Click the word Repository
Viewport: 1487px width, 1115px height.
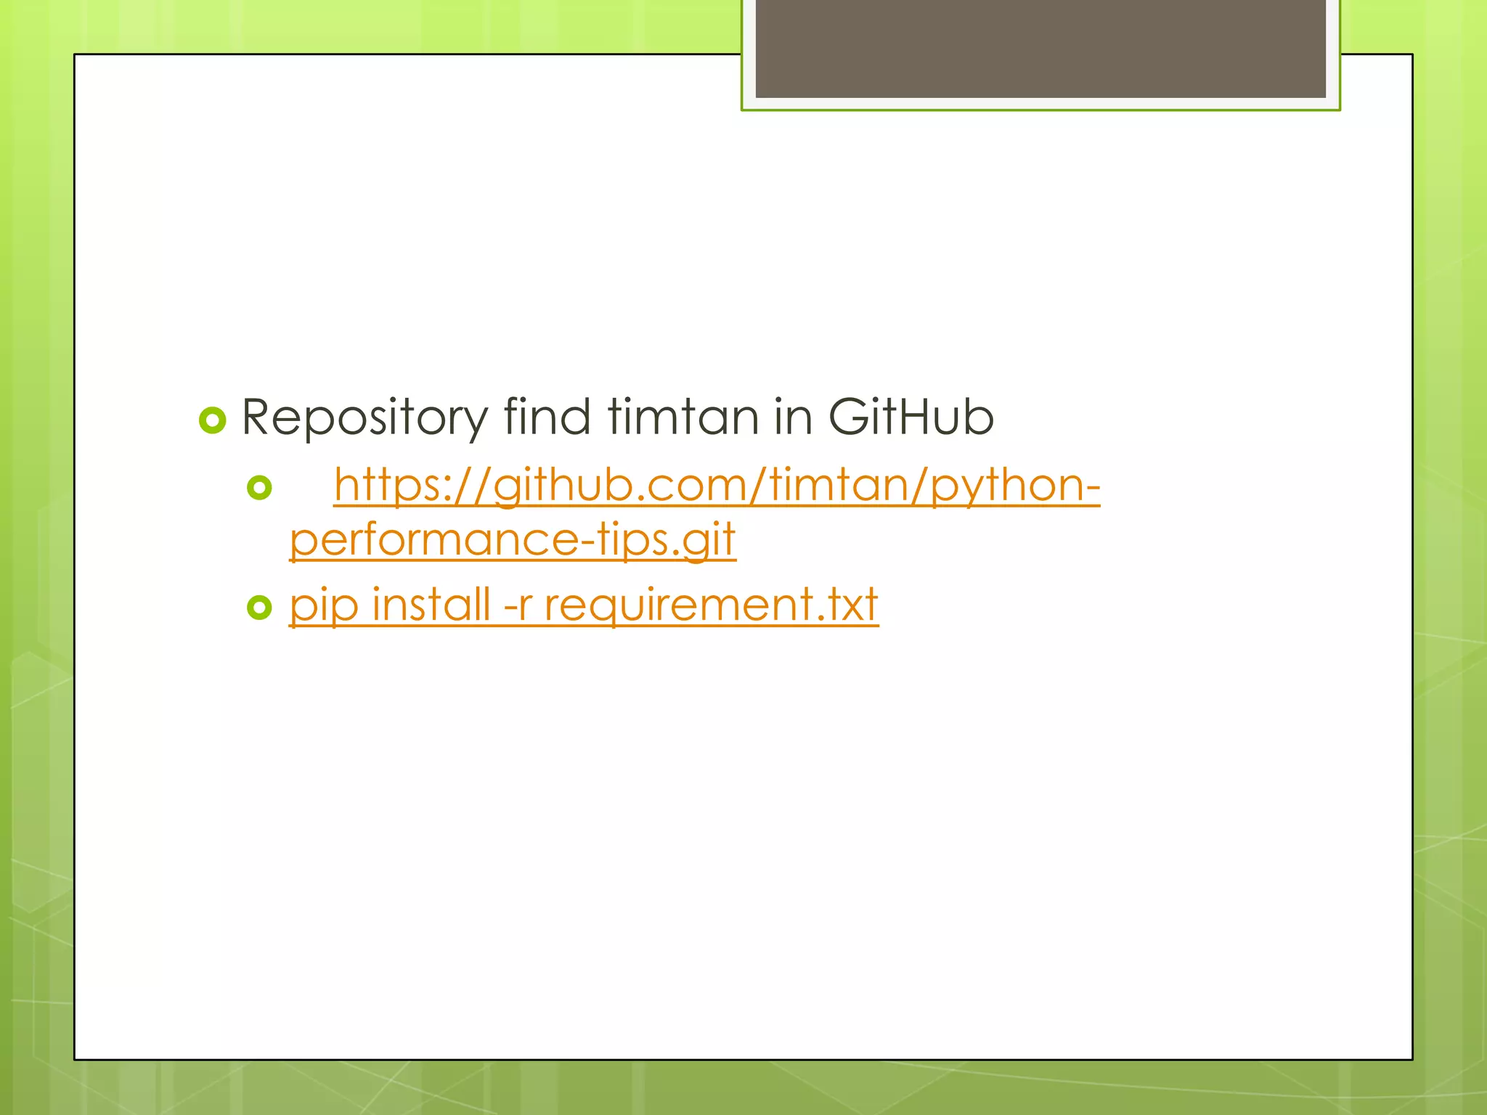pyautogui.click(x=364, y=417)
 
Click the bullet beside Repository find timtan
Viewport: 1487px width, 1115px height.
pyautogui.click(x=213, y=420)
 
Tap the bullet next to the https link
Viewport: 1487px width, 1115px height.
pyautogui.click(x=259, y=487)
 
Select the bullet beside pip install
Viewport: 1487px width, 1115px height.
pyautogui.click(x=259, y=607)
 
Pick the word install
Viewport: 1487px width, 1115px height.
pyautogui.click(x=431, y=603)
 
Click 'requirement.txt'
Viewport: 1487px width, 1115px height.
pyautogui.click(x=711, y=605)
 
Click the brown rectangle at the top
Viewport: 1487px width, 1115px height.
pyautogui.click(x=1040, y=48)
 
